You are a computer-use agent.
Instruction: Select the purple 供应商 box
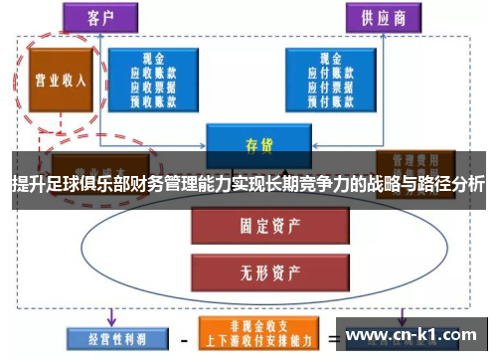tap(382, 16)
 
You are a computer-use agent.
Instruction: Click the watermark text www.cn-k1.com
tap(413, 335)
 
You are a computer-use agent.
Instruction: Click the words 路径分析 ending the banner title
tap(453, 185)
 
